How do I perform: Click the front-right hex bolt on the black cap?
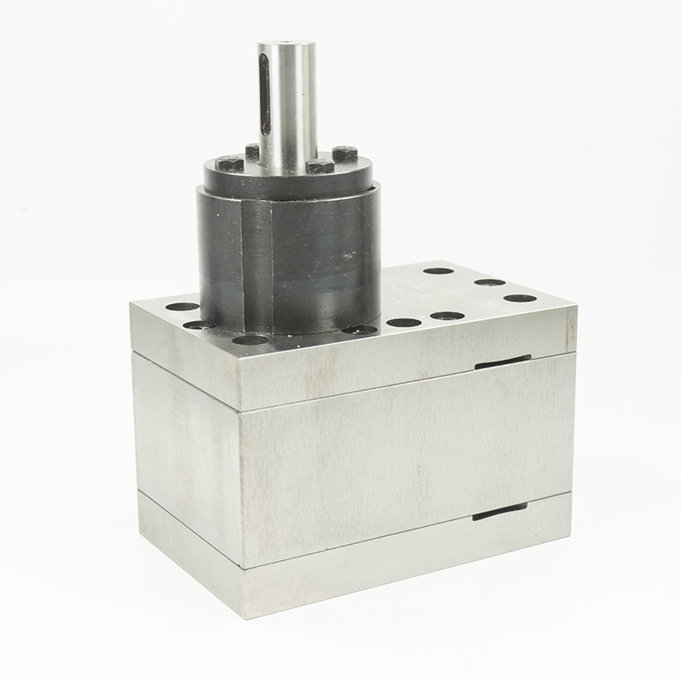(318, 164)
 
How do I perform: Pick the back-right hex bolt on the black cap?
(343, 152)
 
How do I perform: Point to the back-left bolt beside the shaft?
(252, 152)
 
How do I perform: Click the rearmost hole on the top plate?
(438, 271)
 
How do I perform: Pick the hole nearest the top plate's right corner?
(519, 298)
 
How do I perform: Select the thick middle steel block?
(383, 451)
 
